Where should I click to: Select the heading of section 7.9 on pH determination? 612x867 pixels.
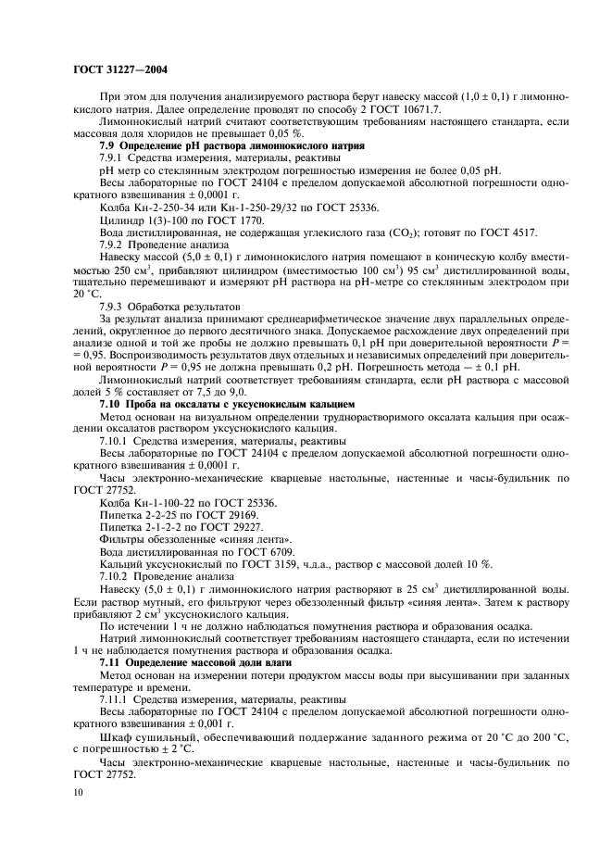pyautogui.click(x=232, y=146)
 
